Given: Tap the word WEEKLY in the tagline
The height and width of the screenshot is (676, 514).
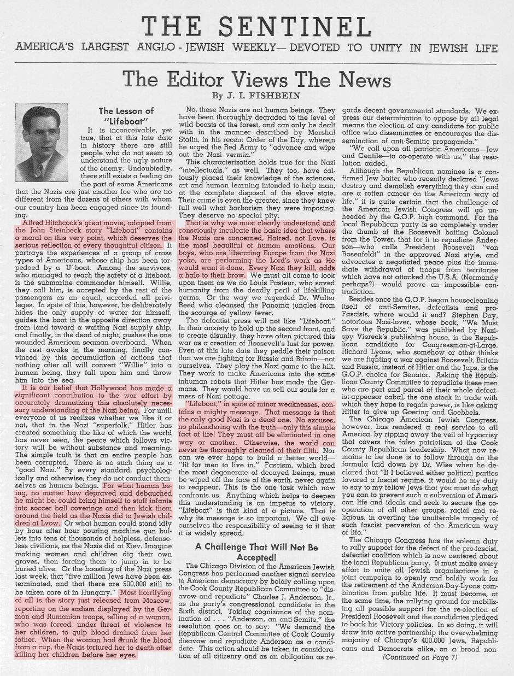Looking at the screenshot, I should coord(259,48).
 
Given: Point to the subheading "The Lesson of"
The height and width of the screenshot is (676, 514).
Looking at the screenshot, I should coord(127,111).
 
